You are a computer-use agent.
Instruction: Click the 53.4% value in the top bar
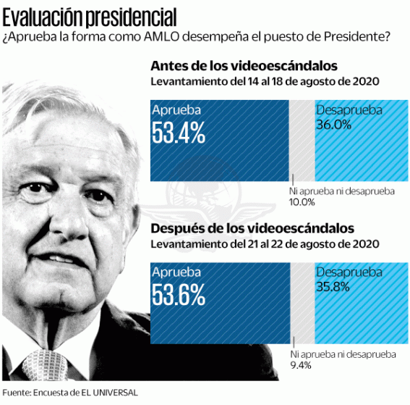coord(178,132)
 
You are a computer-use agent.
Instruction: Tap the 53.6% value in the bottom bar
coord(178,293)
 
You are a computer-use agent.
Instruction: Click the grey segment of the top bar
coord(302,141)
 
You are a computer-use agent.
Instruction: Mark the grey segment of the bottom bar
coord(302,303)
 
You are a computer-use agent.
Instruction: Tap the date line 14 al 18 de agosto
coord(265,82)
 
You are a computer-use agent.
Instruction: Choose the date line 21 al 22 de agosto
coord(265,243)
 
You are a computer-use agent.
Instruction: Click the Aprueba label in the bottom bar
coord(176,272)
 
